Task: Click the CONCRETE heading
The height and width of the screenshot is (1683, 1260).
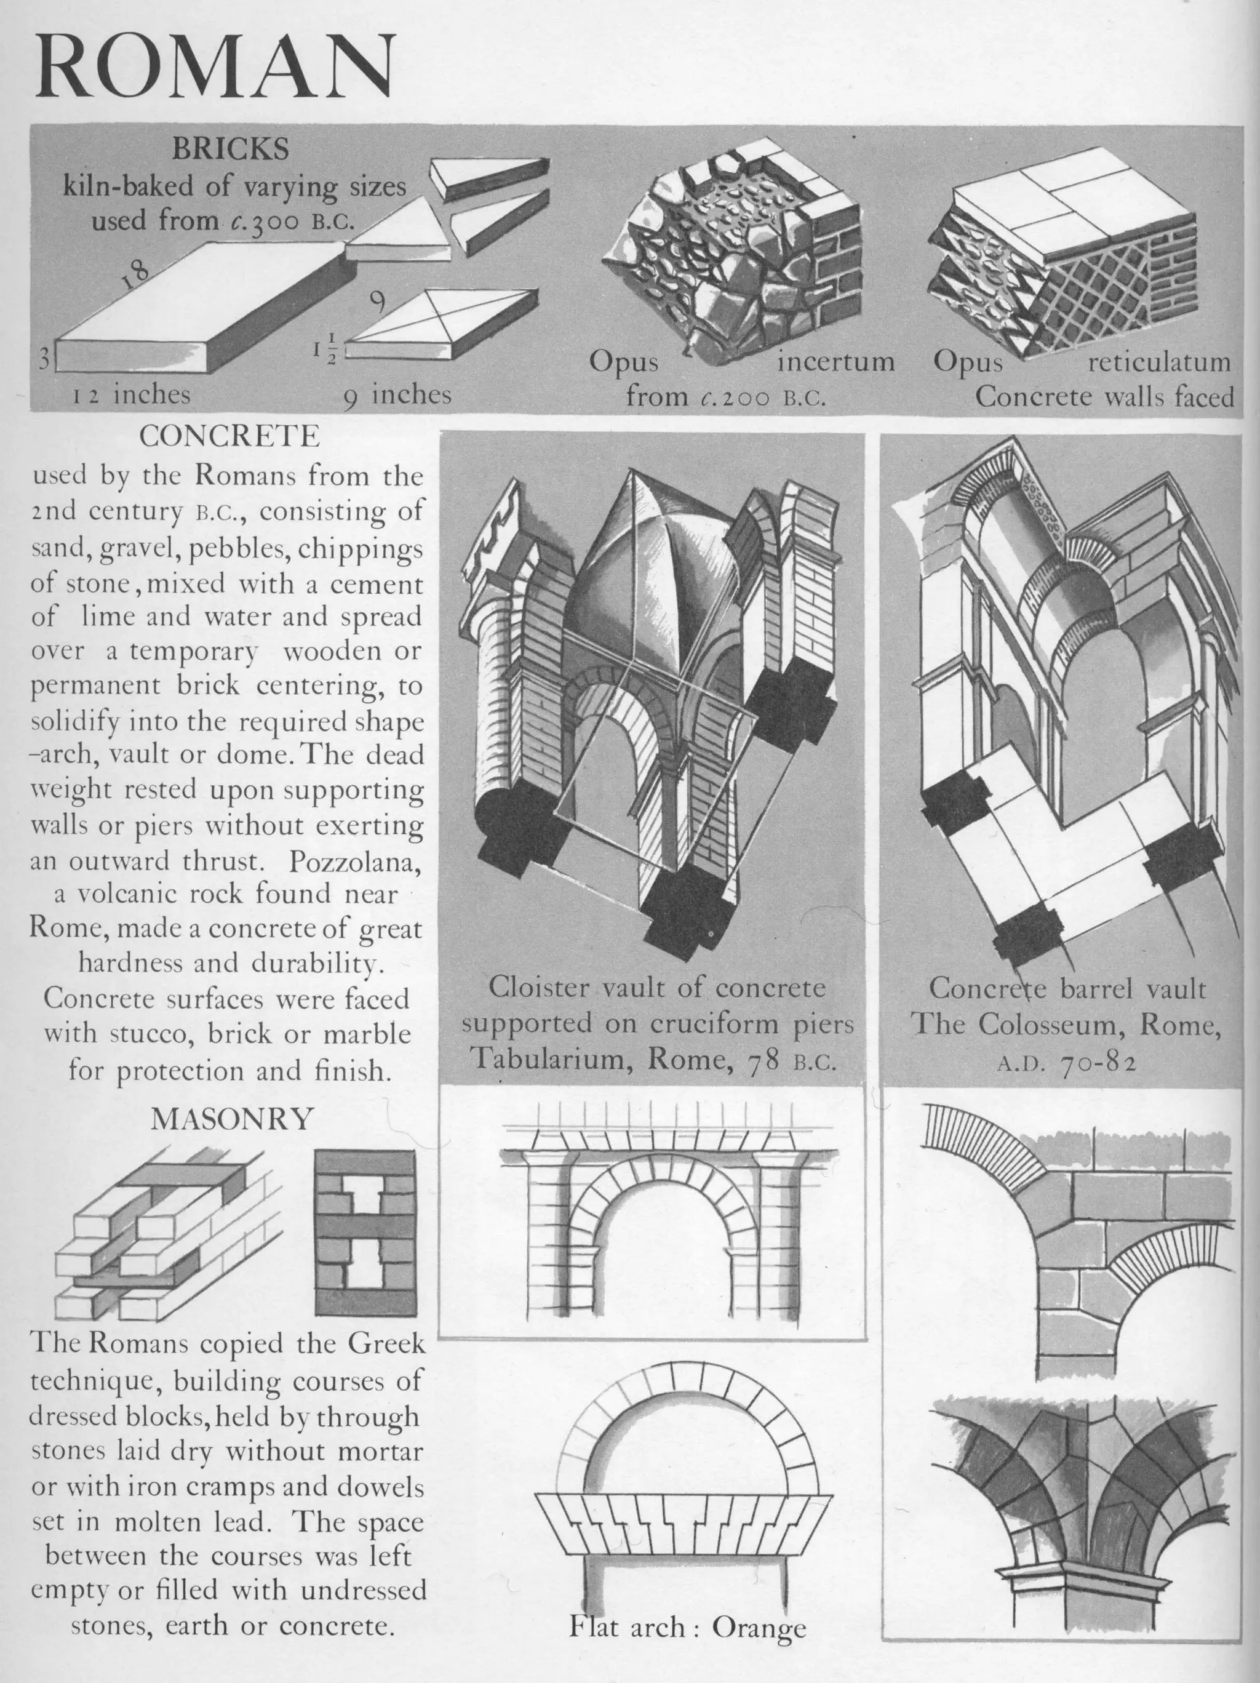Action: click(x=229, y=436)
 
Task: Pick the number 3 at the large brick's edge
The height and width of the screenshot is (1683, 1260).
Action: click(x=45, y=358)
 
